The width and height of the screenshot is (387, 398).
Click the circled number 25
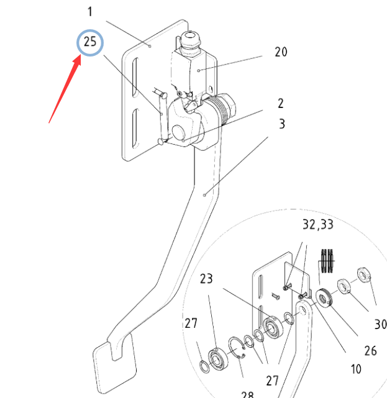pyautogui.click(x=90, y=42)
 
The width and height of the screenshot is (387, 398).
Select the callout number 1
pyautogui.click(x=90, y=12)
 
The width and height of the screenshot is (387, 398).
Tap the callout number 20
pyautogui.click(x=281, y=52)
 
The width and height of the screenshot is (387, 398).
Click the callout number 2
pyautogui.click(x=281, y=103)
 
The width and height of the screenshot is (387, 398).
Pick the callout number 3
pyautogui.click(x=282, y=124)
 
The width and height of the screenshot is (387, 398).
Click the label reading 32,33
pyautogui.click(x=318, y=224)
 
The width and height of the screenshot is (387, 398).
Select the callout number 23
pyautogui.click(x=206, y=278)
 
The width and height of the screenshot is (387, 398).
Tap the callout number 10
pyautogui.click(x=356, y=369)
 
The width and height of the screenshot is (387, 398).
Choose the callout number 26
pyautogui.click(x=370, y=351)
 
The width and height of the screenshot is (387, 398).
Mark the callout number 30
pyautogui.click(x=380, y=324)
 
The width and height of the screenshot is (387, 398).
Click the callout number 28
pyautogui.click(x=247, y=394)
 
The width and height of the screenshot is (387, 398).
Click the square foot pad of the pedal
pyautogui.click(x=114, y=363)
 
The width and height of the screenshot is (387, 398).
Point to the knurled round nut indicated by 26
pyautogui.click(x=324, y=297)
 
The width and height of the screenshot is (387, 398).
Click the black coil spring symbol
pyautogui.click(x=327, y=261)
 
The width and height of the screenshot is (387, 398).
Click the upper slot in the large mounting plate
pyautogui.click(x=135, y=78)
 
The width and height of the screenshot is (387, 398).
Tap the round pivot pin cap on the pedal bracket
pyautogui.click(x=178, y=132)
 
